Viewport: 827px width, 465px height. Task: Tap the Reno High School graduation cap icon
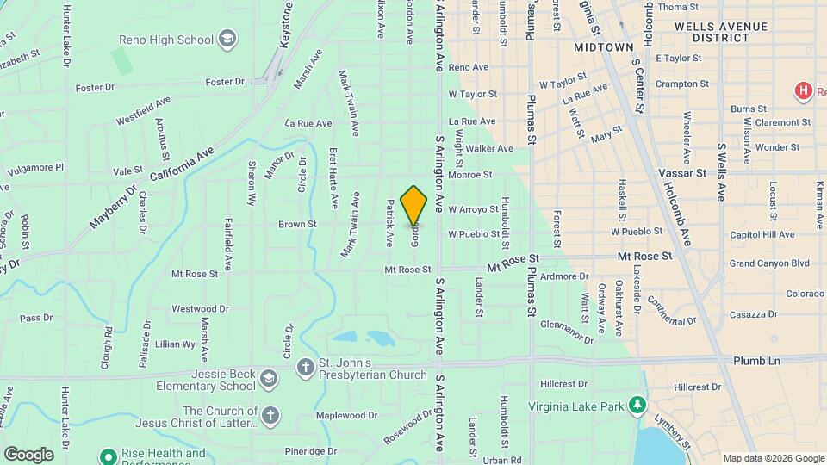pyautogui.click(x=227, y=39)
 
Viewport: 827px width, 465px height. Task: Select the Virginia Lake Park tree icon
pyautogui.click(x=637, y=404)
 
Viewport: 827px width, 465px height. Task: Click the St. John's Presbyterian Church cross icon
pyautogui.click(x=305, y=368)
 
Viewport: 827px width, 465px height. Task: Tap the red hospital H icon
pyautogui.click(x=803, y=90)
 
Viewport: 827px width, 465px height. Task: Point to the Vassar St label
pyautogui.click(x=682, y=172)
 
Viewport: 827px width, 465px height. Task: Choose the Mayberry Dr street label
pyautogui.click(x=114, y=208)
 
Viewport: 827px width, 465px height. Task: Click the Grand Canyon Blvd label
pyautogui.click(x=770, y=263)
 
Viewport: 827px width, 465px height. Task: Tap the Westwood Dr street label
pyautogui.click(x=200, y=308)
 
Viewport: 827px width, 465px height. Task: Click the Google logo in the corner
pyautogui.click(x=28, y=454)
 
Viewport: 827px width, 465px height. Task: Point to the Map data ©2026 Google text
pyautogui.click(x=772, y=458)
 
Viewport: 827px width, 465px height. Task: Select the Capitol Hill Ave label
pyautogui.click(x=762, y=234)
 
